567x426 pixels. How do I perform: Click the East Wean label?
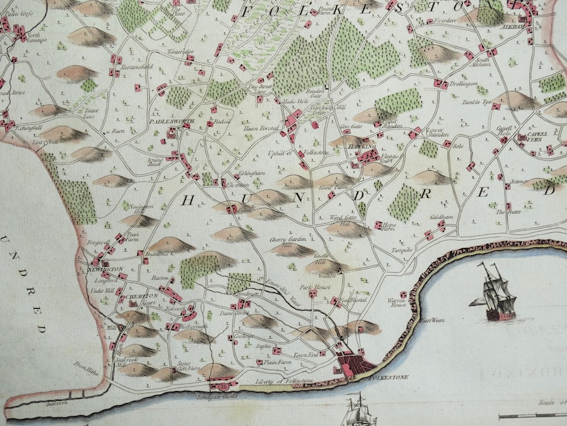432,319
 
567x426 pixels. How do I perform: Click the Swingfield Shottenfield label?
138,66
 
